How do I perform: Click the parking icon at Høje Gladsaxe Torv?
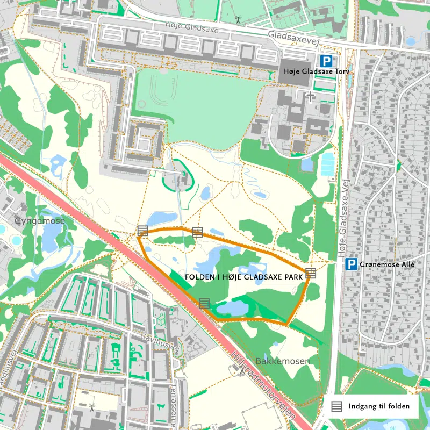pos(326,61)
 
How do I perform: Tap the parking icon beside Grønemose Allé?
pos(351,264)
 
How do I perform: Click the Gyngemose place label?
pos(40,221)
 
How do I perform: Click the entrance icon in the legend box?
pos(336,406)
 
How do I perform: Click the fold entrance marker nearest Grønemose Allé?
pos(311,273)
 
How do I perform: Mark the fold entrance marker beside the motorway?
pos(204,303)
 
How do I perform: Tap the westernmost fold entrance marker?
pos(142,231)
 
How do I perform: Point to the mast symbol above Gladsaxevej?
pos(238,20)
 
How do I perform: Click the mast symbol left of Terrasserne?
pos(92,407)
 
